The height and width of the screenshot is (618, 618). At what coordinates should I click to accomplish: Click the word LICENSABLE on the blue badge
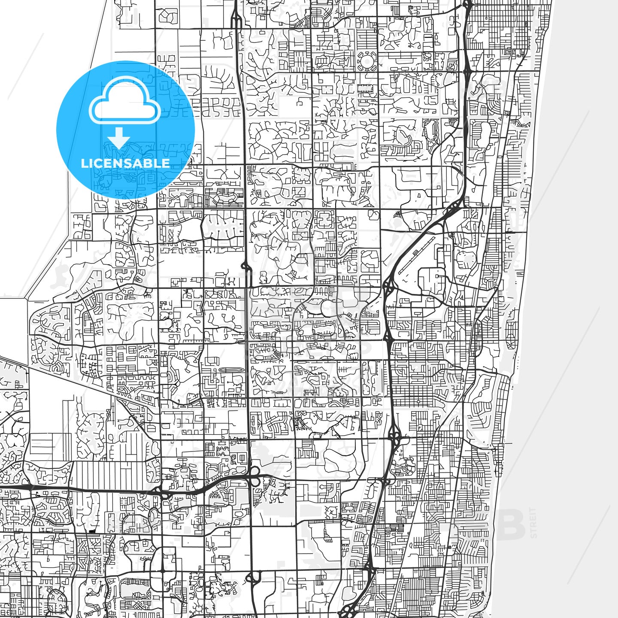[x=125, y=163]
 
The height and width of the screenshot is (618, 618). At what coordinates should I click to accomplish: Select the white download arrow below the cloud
[x=119, y=138]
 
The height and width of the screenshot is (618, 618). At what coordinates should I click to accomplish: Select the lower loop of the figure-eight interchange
[x=254, y=482]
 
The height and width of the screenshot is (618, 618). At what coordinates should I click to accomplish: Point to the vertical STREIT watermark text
[x=533, y=523]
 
